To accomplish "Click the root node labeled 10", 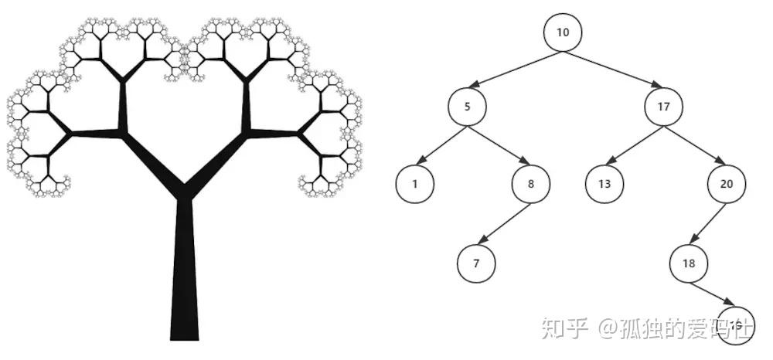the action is tap(562, 32).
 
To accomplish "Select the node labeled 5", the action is tap(467, 107).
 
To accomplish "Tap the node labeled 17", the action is tap(663, 107).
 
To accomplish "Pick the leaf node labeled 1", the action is tap(415, 184).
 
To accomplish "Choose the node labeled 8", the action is tap(530, 184).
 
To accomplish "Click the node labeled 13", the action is tap(604, 184).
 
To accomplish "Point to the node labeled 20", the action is tap(727, 184).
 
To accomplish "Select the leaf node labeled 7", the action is tap(476, 263).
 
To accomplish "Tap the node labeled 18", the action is tap(689, 263).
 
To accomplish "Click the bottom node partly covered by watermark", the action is tap(735, 324).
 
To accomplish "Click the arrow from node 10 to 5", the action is tap(514, 69).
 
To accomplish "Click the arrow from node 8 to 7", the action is tap(503, 224).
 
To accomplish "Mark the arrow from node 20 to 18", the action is tap(708, 224).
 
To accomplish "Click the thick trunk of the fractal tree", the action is tap(184, 278).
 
